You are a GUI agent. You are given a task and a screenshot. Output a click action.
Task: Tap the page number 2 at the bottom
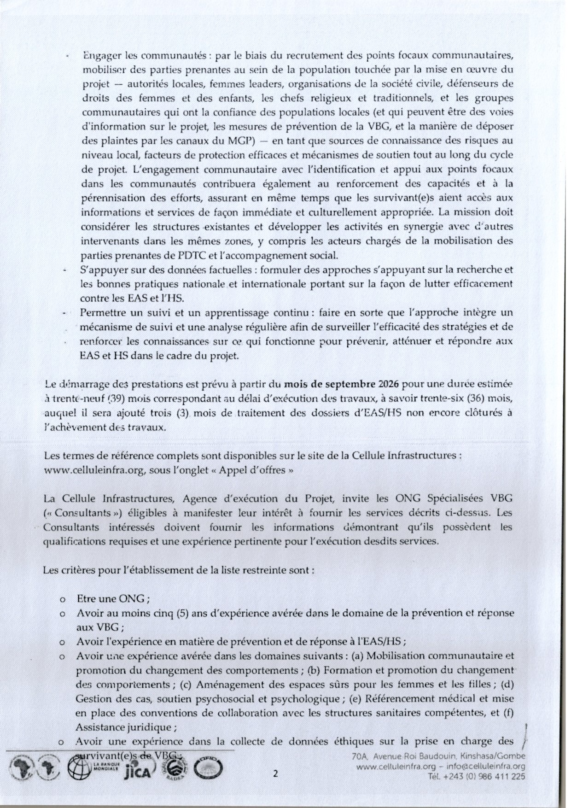coord(275,773)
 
